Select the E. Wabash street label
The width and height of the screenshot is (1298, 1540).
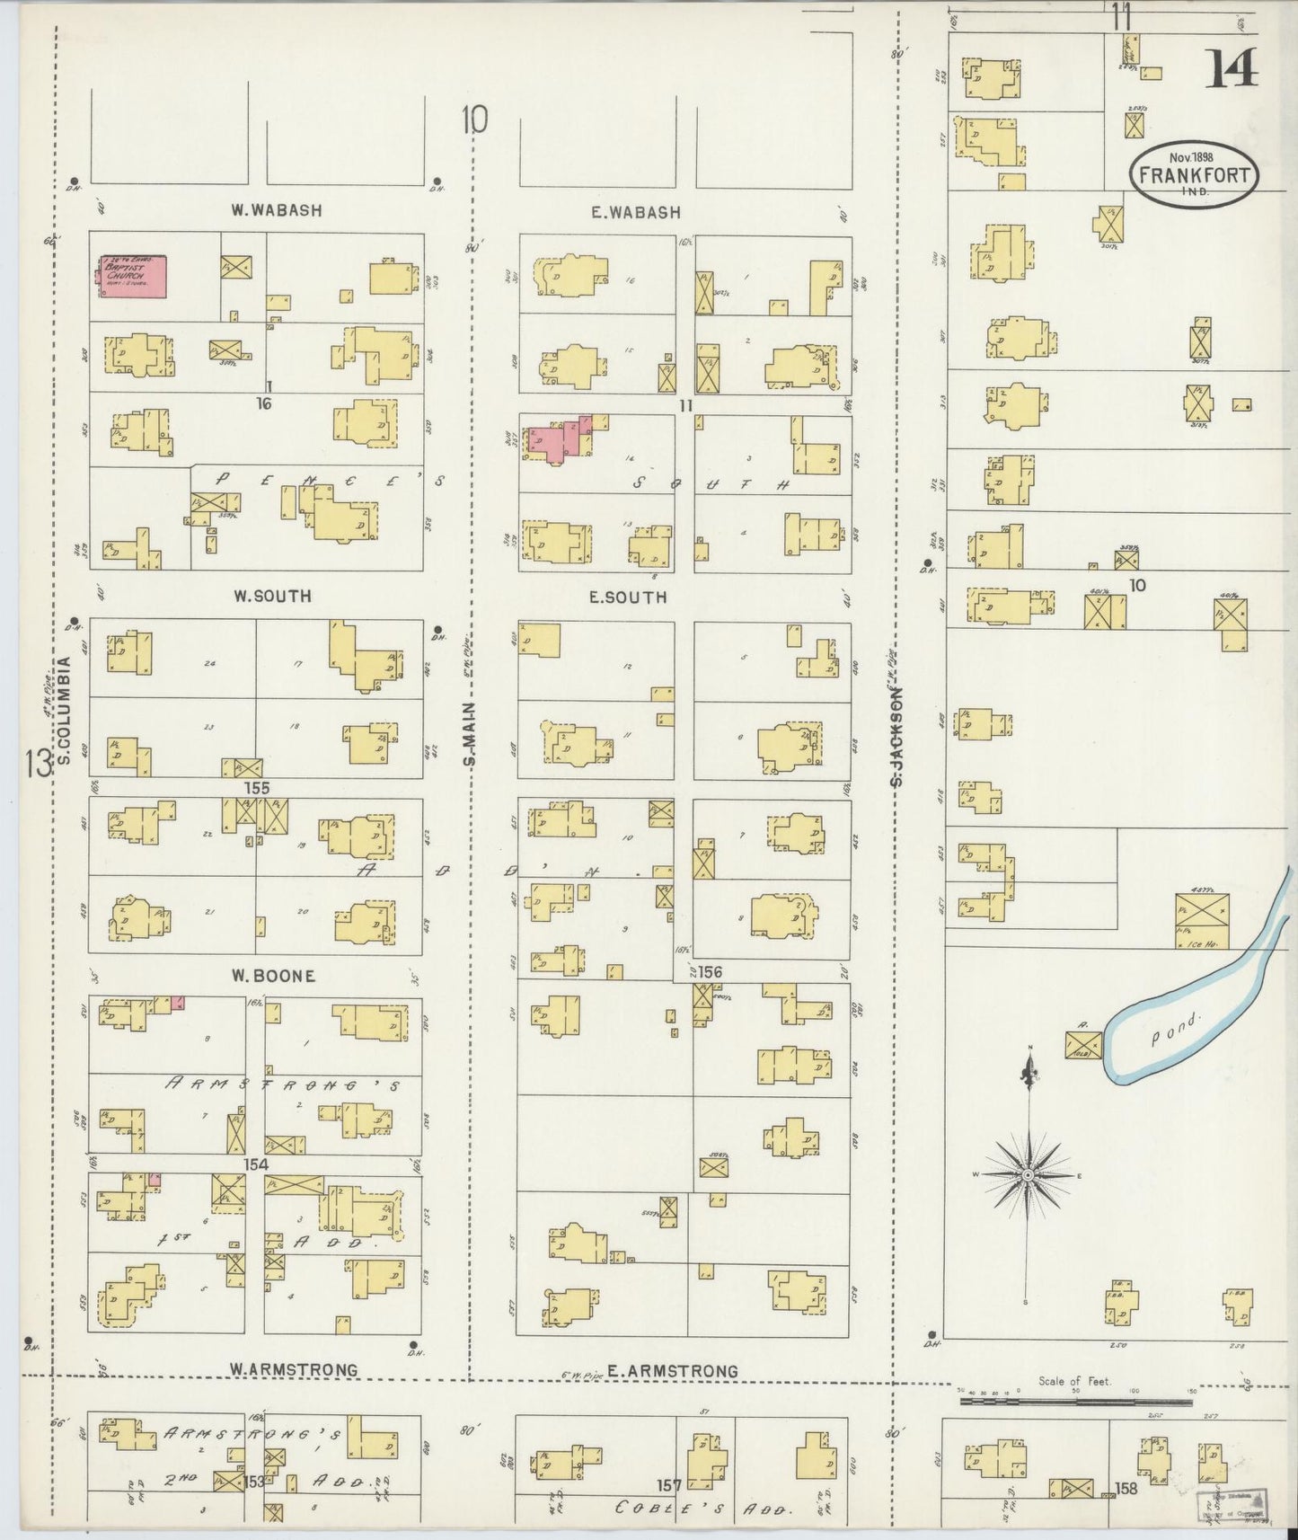635,213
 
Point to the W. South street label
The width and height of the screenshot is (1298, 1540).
271,596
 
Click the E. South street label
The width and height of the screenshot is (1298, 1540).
628,597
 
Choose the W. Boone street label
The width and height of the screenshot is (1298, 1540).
273,976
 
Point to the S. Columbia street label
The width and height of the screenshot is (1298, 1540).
65,712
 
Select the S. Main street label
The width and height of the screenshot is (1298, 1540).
470,734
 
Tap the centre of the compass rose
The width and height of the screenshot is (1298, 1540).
1027,1175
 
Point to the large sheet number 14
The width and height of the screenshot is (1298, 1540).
1231,68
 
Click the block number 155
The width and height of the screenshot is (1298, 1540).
256,788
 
